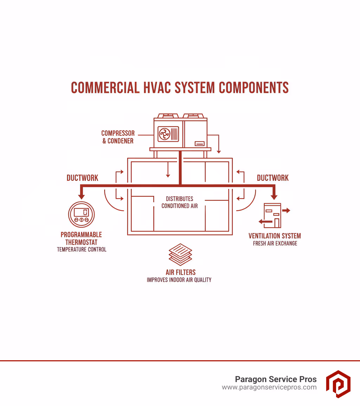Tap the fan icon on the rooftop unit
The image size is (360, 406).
(x=164, y=134)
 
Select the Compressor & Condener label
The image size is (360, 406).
(x=118, y=137)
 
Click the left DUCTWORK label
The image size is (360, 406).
(x=82, y=178)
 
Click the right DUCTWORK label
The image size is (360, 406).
(x=272, y=178)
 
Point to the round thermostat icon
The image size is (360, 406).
(x=81, y=214)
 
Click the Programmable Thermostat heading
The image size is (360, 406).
(x=81, y=238)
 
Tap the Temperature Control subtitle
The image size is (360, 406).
(x=82, y=249)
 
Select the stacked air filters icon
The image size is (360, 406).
(x=180, y=254)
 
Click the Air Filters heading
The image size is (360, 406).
(x=180, y=272)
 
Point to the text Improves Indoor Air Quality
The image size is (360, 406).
(x=179, y=280)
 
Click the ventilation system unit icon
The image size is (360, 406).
(x=272, y=215)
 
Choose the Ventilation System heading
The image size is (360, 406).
(x=275, y=236)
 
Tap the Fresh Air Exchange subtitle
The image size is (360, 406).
(x=275, y=243)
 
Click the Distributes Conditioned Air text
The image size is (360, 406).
(x=180, y=202)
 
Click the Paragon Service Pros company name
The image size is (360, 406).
(x=276, y=379)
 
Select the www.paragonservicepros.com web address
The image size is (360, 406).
(x=269, y=387)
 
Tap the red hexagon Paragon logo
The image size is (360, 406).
(x=338, y=383)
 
